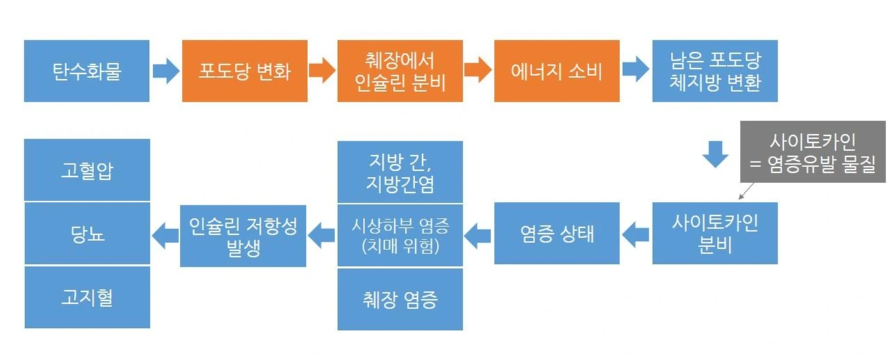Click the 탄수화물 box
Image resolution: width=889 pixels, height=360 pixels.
coord(86,71)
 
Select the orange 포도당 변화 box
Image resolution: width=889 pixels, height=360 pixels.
coord(244,71)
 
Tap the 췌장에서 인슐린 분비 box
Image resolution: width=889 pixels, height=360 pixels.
coord(400,71)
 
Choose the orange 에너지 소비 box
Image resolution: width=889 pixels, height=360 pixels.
coord(556,71)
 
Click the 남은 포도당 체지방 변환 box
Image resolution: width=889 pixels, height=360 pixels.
coord(714,71)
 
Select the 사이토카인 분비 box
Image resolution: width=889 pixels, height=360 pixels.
coord(714,233)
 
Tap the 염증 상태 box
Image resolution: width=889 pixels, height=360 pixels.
coord(556,233)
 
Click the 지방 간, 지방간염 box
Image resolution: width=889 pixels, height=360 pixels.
coord(400,171)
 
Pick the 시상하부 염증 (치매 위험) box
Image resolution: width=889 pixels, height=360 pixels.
coord(400,235)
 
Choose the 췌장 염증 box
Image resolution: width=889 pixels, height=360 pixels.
coord(400,299)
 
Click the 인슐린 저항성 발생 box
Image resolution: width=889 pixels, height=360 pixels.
coord(242,235)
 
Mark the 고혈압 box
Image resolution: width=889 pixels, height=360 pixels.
coord(86,170)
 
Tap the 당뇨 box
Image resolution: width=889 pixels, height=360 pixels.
coord(86,233)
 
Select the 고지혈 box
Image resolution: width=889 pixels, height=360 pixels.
coord(86,298)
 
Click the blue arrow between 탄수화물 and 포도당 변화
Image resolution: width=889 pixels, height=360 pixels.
coord(165,71)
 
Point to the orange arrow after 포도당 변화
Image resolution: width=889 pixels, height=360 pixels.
coord(321,71)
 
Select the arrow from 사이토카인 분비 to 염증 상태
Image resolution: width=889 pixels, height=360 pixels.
coord(635,235)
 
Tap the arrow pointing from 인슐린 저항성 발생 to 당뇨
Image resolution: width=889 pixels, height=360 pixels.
coord(165,235)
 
